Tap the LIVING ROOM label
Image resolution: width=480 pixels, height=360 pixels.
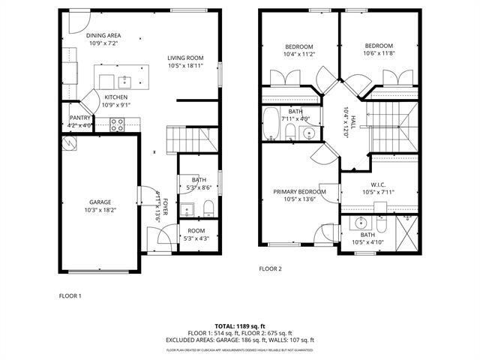[185, 58]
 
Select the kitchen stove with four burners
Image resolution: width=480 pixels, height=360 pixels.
[118, 126]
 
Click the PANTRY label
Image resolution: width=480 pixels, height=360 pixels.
[80, 118]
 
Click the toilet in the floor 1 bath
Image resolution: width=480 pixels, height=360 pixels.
[209, 207]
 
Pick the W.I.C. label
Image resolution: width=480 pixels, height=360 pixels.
[377, 184]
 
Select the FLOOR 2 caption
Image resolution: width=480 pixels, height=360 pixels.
[270, 268]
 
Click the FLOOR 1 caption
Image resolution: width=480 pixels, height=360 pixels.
[70, 295]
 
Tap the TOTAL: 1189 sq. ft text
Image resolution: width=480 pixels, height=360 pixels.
[239, 325]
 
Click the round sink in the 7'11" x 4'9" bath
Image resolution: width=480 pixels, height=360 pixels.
[307, 134]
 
